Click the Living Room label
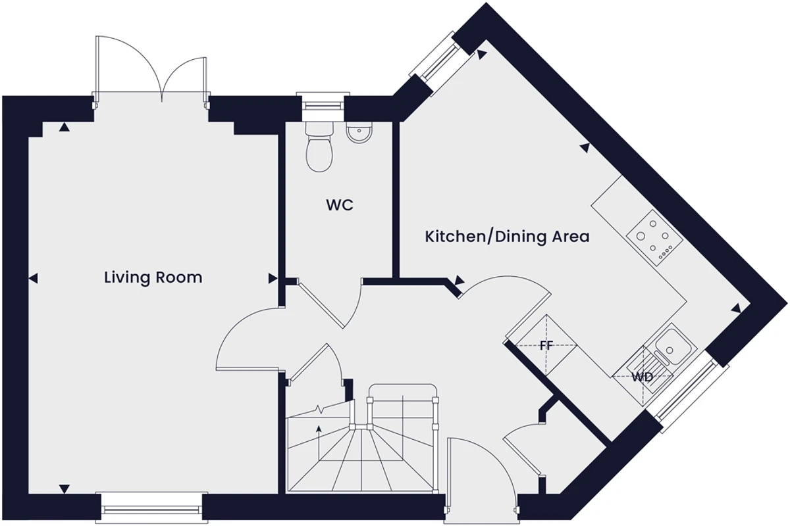tap(153, 277)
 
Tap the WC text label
tap(340, 205)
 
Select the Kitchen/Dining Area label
tap(507, 237)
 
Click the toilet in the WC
tap(319, 147)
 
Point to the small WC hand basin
tap(359, 132)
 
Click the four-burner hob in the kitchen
tap(654, 237)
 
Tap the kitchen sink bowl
tap(669, 347)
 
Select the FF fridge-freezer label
tap(546, 346)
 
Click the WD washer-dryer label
tap(643, 377)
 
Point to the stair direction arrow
tap(319, 442)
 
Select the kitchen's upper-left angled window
tap(441, 63)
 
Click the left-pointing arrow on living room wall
tap(33, 279)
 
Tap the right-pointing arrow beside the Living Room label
tap(273, 278)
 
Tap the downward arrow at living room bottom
tap(65, 489)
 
